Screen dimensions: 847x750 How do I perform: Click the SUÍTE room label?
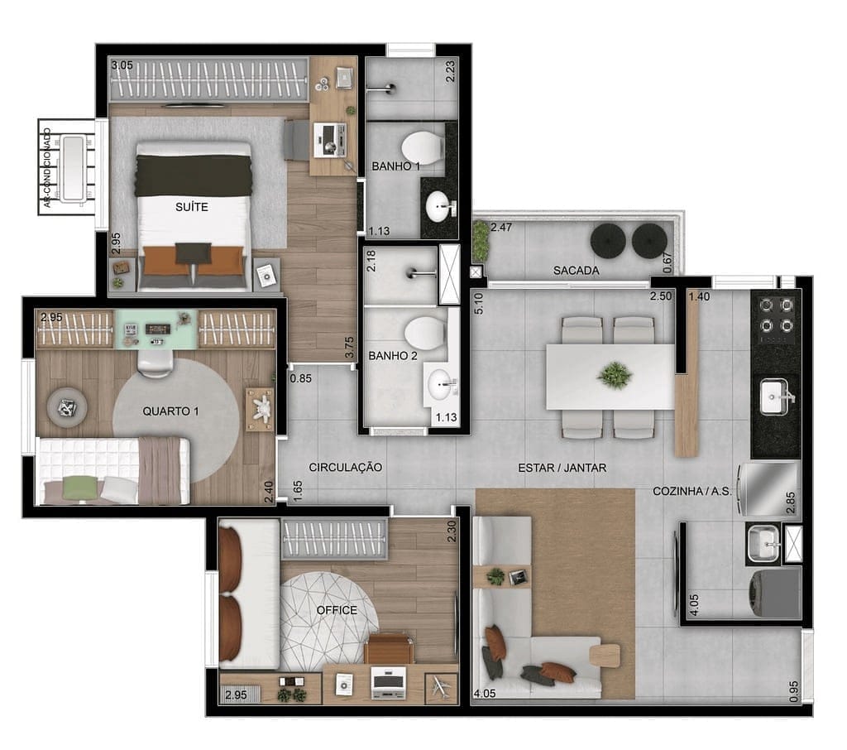pos(191,207)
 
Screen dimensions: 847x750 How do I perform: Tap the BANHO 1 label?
pos(395,166)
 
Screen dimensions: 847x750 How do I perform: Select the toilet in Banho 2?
pos(424,330)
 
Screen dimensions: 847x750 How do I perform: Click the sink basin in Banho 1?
pos(438,207)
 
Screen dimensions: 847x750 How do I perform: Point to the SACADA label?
pos(576,271)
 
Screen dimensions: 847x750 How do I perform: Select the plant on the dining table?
pos(615,375)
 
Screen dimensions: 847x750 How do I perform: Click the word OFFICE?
pos(337,610)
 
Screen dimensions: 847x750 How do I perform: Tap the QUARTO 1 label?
pos(170,411)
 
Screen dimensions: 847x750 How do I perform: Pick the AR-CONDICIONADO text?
pos(47,167)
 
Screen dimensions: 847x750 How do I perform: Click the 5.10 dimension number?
pos(478,303)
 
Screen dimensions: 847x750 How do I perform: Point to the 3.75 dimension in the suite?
pos(350,347)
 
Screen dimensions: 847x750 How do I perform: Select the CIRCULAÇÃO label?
pos(345,467)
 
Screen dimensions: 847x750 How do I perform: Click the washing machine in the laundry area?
pos(773,594)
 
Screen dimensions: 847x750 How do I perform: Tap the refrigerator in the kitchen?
pos(768,489)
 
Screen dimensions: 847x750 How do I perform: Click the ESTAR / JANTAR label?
pos(562,468)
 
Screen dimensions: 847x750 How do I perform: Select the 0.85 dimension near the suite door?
pos(300,378)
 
